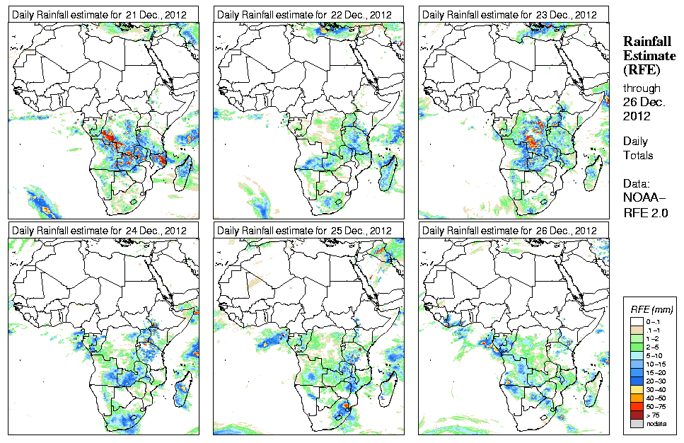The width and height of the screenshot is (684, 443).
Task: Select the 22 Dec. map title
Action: (304, 15)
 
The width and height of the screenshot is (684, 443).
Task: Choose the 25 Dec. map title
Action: (304, 230)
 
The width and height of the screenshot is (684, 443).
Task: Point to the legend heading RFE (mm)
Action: (651, 309)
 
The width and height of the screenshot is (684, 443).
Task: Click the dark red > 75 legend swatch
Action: (637, 415)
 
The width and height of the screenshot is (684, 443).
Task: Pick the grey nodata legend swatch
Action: (637, 423)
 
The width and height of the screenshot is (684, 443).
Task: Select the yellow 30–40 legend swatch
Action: (637, 389)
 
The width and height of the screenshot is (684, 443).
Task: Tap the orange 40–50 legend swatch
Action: (637, 398)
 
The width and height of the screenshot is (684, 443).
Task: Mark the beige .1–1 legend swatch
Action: (637, 330)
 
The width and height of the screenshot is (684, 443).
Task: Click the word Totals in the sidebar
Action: (638, 155)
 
